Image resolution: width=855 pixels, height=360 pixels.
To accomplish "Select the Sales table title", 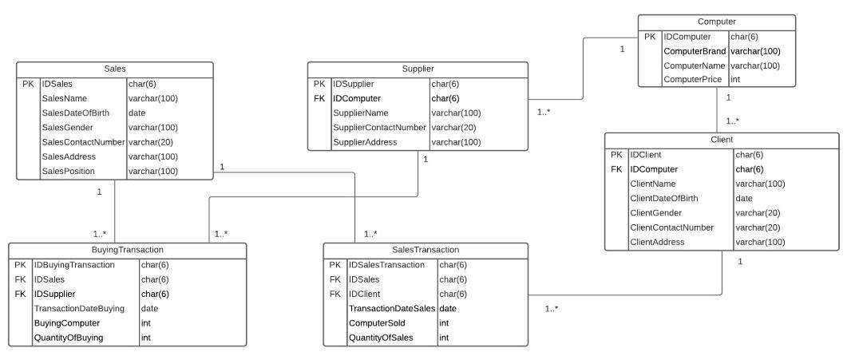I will tap(115, 69).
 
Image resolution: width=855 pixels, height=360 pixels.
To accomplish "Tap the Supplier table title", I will tap(418, 69).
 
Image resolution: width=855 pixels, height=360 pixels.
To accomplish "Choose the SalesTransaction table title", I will tap(425, 250).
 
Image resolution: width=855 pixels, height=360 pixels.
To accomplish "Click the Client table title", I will tap(722, 140).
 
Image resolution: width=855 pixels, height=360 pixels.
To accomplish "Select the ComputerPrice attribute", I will tap(693, 80).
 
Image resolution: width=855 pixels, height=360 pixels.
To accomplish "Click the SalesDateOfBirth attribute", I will tap(75, 113).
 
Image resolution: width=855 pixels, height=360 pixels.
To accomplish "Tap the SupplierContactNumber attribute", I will tap(378, 128).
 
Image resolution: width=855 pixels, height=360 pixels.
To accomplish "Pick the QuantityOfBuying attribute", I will tap(68, 338).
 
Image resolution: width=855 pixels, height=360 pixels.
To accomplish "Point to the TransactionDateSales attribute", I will tap(391, 308).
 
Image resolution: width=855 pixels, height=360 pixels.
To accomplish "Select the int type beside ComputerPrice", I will tap(736, 80).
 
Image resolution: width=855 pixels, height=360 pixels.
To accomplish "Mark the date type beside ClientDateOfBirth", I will tap(744, 198).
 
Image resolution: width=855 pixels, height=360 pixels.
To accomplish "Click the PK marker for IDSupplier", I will tap(319, 84).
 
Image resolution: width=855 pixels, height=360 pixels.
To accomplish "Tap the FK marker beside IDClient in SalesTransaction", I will tap(334, 294).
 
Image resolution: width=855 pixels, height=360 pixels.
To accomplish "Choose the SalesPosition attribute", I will tap(69, 171).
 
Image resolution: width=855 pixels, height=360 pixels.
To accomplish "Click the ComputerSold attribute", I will tap(377, 323).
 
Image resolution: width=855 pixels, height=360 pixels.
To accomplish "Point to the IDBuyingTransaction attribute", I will tap(74, 265).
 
